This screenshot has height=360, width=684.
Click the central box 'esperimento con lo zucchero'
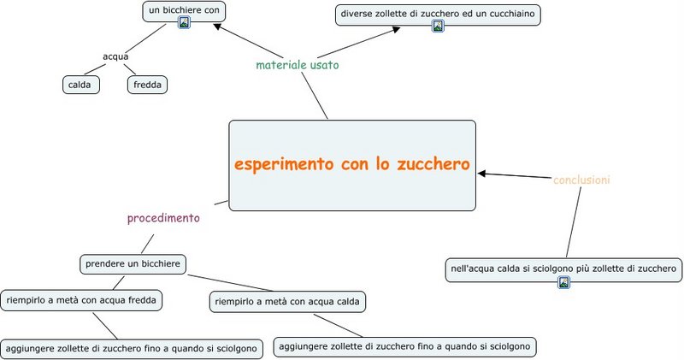click(352, 165)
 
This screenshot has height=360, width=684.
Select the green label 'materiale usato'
click(297, 65)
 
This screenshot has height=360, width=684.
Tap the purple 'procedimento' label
click(163, 218)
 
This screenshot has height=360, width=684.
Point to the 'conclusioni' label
click(581, 180)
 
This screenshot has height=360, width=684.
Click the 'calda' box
click(81, 85)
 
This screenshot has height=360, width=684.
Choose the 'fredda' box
click(147, 85)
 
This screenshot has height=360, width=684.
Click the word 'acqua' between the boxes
click(115, 56)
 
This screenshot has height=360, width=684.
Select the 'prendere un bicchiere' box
click(133, 264)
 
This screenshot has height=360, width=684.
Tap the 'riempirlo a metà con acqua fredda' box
click(81, 300)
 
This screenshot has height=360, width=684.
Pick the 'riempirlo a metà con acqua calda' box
click(287, 302)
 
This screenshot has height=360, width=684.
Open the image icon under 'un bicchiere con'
click(184, 23)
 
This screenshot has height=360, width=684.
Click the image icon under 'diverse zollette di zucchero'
click(438, 26)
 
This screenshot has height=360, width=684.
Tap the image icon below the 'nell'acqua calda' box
click(563, 282)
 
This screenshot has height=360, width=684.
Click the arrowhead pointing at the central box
click(481, 174)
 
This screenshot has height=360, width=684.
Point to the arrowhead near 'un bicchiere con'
click(217, 27)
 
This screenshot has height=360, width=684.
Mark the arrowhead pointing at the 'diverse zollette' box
click(396, 29)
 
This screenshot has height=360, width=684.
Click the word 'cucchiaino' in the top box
click(511, 14)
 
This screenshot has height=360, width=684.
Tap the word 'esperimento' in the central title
click(284, 165)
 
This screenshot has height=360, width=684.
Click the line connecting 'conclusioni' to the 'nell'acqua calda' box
click(574, 222)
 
